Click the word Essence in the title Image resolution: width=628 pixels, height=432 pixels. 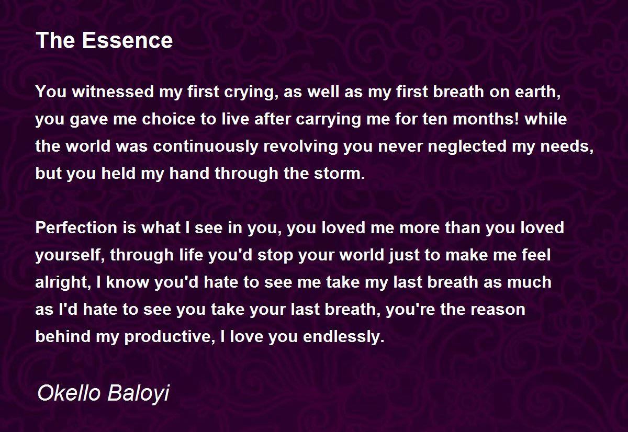click(x=127, y=40)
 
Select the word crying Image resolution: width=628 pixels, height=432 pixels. click(x=250, y=93)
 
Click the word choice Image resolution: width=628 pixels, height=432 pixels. click(x=169, y=119)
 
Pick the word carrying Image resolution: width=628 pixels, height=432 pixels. click(x=329, y=120)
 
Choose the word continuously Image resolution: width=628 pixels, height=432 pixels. click(x=206, y=147)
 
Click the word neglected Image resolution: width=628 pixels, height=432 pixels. click(x=467, y=147)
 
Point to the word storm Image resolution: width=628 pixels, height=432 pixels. click(x=340, y=173)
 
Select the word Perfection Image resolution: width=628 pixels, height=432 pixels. click(x=76, y=228)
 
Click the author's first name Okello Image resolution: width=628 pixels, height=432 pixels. click(x=69, y=392)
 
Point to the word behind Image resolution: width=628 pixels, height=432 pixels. click(x=63, y=336)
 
